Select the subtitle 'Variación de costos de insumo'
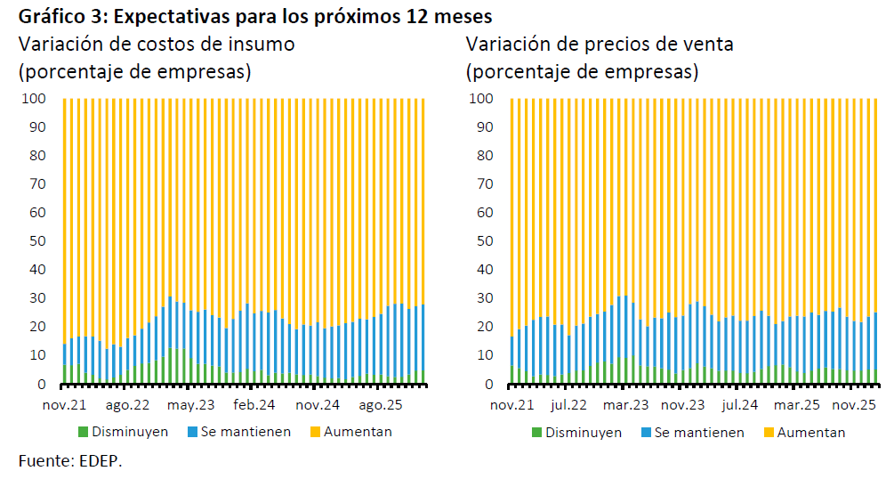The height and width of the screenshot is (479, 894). tap(157, 45)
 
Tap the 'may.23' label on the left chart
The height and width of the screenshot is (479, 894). tap(191, 405)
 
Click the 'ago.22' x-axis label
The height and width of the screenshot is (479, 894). tap(127, 405)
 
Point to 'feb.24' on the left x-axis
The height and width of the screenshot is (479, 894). tap(254, 405)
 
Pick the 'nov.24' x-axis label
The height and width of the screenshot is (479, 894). tap(318, 405)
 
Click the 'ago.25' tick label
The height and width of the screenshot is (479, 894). tap(382, 405)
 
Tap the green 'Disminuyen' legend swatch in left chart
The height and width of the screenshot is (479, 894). tap(85, 432)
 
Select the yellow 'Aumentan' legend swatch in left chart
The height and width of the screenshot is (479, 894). tap(316, 432)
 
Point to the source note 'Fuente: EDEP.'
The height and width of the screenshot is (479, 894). tap(70, 460)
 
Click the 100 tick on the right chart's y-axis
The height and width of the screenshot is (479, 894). tap(481, 99)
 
